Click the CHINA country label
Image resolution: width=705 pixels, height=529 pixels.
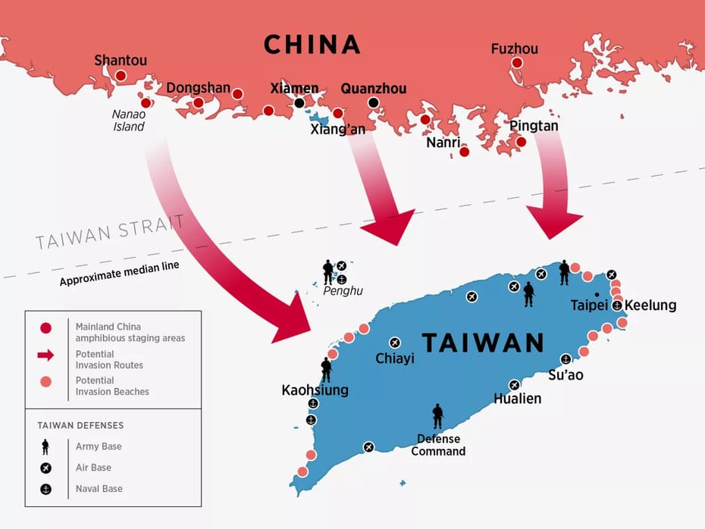tap(312, 45)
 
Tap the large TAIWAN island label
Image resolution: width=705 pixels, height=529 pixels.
tap(483, 343)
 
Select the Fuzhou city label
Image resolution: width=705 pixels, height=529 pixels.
tap(514, 49)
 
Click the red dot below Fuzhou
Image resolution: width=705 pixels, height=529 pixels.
tap(517, 63)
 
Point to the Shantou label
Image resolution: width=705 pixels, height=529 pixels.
tap(121, 60)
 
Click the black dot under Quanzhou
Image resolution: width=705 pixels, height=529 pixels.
tap(373, 102)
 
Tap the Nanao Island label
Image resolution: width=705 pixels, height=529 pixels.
tap(129, 121)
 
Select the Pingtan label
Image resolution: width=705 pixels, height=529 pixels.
tap(534, 126)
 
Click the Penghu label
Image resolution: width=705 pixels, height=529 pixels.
tap(343, 291)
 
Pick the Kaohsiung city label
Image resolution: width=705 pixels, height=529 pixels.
tap(315, 390)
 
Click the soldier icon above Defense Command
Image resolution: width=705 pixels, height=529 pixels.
tap(437, 416)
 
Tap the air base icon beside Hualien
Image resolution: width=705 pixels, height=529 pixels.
tap(515, 385)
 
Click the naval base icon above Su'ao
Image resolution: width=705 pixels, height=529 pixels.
tap(566, 359)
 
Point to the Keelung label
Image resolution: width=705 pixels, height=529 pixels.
tap(650, 305)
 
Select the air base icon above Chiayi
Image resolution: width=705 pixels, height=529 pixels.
tap(395, 343)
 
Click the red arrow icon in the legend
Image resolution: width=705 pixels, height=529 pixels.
tap(45, 355)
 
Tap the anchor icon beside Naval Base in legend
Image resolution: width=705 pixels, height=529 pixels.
tap(45, 489)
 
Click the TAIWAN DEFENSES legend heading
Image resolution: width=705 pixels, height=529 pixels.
tap(80, 425)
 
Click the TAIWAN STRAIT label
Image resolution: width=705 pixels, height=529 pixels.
tap(109, 233)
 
